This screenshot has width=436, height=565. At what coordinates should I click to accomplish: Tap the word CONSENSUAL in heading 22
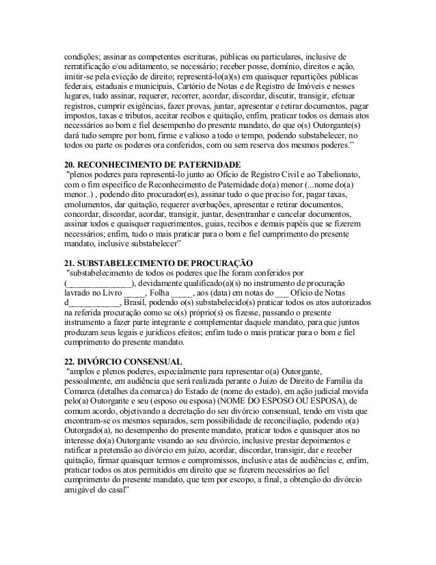tap(149, 360)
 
